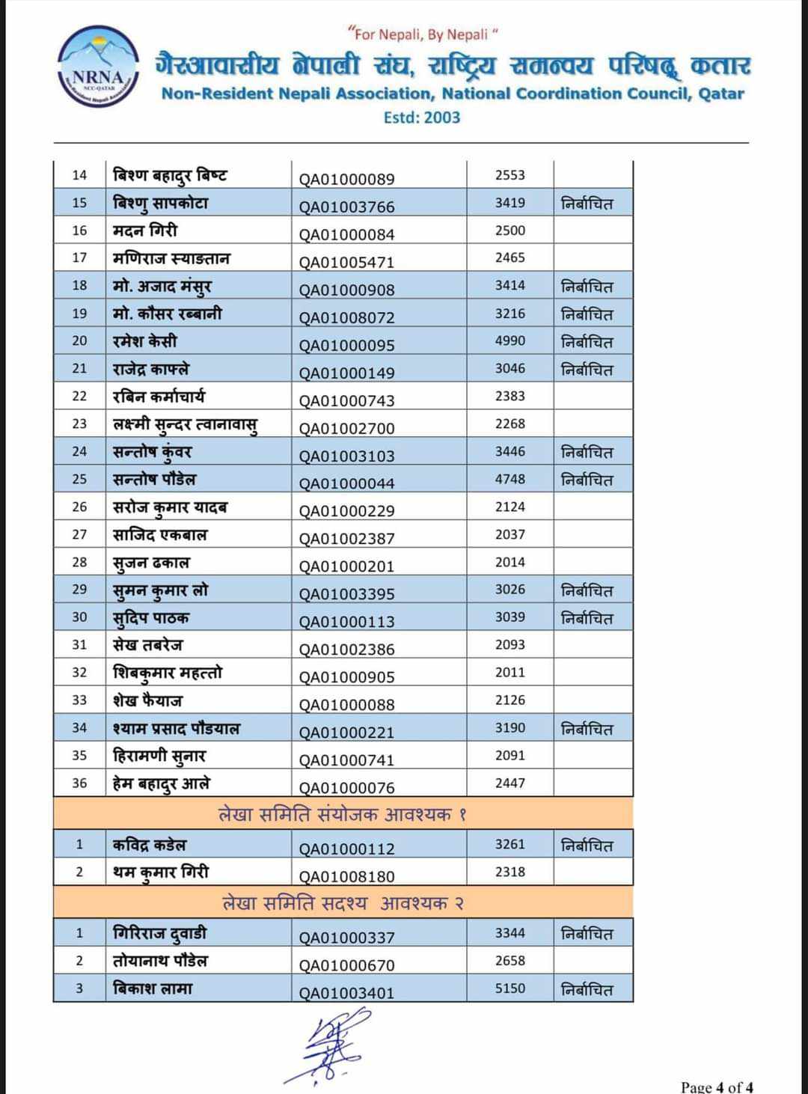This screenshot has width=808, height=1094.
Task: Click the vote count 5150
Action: click(x=509, y=988)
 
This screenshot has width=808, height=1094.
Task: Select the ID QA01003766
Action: click(x=346, y=207)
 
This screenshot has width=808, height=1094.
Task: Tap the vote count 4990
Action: click(x=509, y=340)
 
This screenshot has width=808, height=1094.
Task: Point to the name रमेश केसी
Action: click(x=145, y=341)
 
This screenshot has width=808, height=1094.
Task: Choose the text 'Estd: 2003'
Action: click(x=421, y=117)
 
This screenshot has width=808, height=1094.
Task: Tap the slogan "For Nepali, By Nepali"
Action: click(x=423, y=34)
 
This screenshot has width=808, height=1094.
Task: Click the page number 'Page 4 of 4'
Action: click(x=717, y=1087)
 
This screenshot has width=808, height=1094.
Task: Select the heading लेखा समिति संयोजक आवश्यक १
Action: click(x=343, y=814)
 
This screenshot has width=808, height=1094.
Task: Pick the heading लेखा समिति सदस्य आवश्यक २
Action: click(x=343, y=903)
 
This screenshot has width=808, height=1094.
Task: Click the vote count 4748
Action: click(x=509, y=479)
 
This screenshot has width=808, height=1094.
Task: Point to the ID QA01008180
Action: click(x=346, y=876)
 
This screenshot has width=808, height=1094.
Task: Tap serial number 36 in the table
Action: click(x=79, y=783)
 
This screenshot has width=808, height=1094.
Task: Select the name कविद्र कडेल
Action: click(x=150, y=845)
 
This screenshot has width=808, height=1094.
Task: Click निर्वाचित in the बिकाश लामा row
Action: click(x=587, y=989)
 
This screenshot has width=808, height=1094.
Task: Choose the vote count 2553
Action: click(x=509, y=175)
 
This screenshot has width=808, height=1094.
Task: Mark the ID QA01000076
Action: click(x=346, y=787)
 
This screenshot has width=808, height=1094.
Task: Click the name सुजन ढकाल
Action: click(x=151, y=562)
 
